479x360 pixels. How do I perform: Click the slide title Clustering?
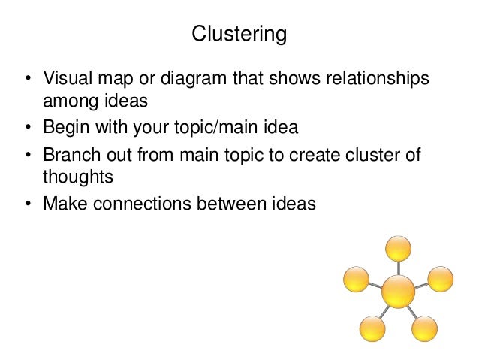coord(239,35)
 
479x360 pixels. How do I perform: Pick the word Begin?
coord(65,127)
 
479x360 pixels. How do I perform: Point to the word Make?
coord(63,203)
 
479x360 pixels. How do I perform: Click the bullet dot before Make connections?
coord(27,204)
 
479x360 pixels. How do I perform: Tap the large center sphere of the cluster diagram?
coord(398,291)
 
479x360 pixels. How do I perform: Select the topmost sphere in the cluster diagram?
coord(398,249)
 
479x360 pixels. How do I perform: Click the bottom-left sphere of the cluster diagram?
coord(372,328)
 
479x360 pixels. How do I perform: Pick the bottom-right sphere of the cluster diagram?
coord(424,328)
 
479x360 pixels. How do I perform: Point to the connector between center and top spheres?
coord(398,268)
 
